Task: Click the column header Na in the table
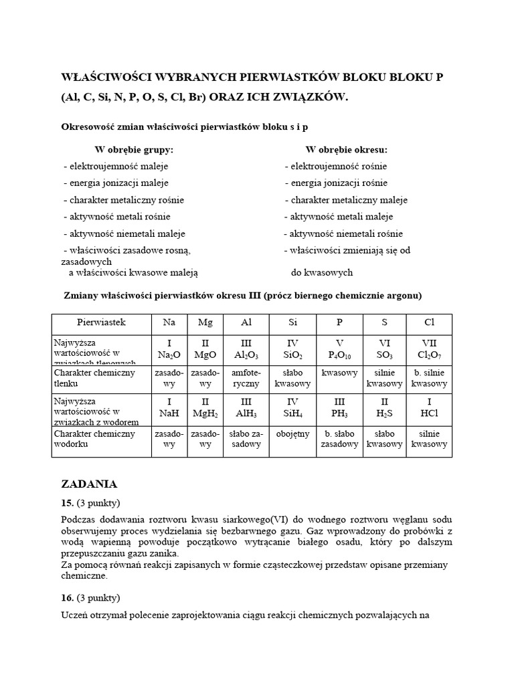pos(169,322)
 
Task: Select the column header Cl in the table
pos(429,322)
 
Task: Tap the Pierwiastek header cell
pos(101,322)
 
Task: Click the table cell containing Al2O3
pos(246,348)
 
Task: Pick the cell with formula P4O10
pos(339,348)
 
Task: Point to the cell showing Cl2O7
pos(429,348)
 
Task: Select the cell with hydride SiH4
pos(292,408)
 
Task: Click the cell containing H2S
pos(384,408)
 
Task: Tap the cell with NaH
pos(169,408)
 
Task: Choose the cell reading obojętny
pos(292,434)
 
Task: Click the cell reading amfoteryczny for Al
pos(246,378)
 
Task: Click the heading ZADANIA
pos(89,484)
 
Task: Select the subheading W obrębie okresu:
pos(346,150)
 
